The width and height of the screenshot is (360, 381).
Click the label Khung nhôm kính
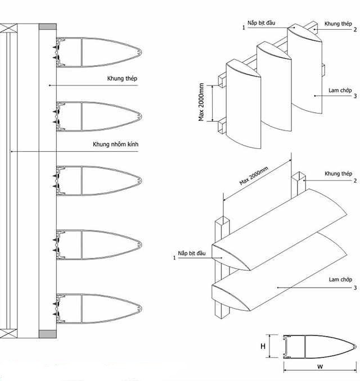point(115,145)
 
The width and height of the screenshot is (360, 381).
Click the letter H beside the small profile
point(263,346)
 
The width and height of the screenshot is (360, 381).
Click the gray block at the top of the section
point(47,26)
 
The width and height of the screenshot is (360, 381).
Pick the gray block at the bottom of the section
point(47,334)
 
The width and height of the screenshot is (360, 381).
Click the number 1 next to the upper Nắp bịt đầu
point(243,26)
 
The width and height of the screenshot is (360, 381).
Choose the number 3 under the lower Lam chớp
point(355,288)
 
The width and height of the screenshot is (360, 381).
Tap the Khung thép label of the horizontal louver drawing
point(338,174)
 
